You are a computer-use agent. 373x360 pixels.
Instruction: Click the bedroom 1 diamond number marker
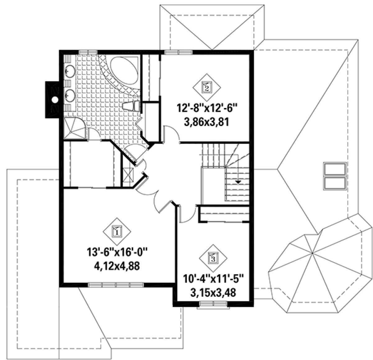point(117,231)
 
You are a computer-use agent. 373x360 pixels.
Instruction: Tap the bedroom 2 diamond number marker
point(206,87)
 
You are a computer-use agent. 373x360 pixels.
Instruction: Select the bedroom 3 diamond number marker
point(213,258)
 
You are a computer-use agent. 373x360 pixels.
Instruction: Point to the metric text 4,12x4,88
point(117,266)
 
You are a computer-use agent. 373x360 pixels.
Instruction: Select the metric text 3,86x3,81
point(206,122)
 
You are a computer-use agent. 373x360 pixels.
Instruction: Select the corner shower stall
point(74,128)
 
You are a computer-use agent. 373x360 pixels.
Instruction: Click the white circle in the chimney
point(55,99)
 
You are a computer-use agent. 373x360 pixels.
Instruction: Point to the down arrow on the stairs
point(238,182)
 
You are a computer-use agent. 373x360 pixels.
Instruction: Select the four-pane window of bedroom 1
point(116,285)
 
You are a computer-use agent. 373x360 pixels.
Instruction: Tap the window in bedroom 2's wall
point(178,52)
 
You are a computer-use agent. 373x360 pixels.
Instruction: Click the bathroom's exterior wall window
point(88,52)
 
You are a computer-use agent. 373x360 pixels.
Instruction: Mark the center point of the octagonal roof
point(312,253)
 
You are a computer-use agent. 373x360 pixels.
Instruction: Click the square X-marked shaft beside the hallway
point(128,175)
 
